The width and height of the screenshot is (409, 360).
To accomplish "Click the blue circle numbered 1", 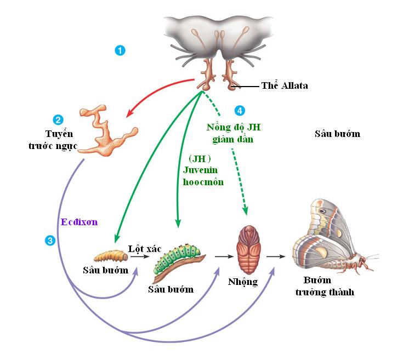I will pyautogui.click(x=120, y=50).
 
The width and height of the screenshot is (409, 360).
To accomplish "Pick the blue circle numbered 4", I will pyautogui.click(x=239, y=111).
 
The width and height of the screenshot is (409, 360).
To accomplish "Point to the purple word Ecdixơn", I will pyautogui.click(x=78, y=222).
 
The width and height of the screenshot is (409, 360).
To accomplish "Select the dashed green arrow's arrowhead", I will pyautogui.click(x=245, y=210).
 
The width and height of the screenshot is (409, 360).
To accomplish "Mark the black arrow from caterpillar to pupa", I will pyautogui.click(x=221, y=256).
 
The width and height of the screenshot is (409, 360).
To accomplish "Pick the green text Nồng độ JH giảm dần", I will pyautogui.click(x=234, y=133).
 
